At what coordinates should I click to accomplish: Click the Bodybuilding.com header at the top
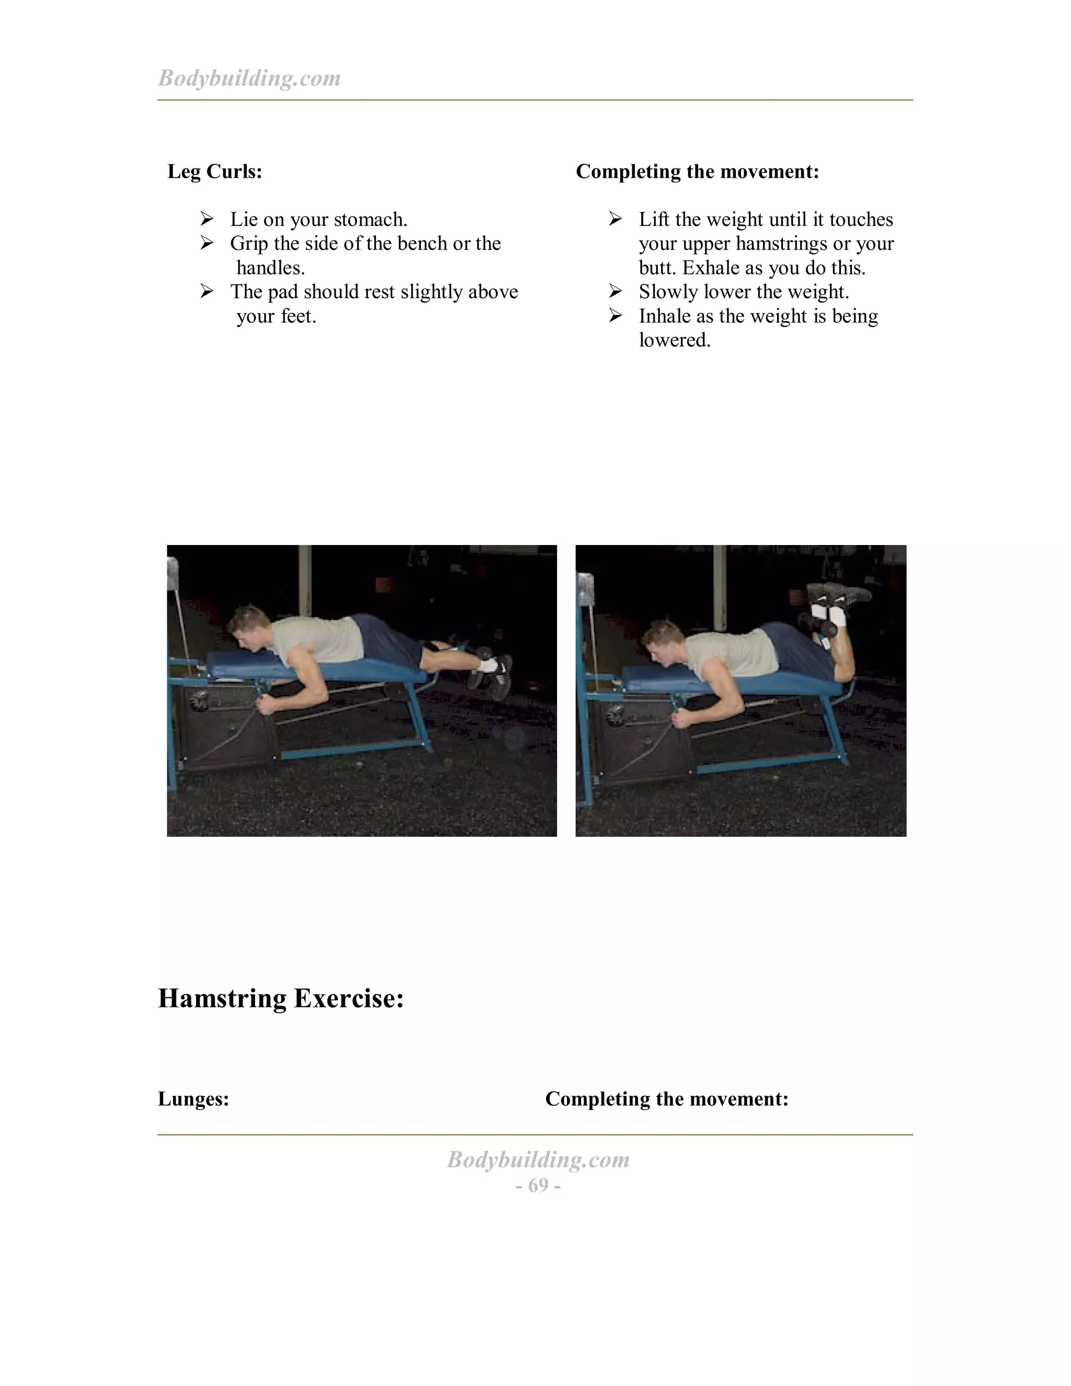pos(249,78)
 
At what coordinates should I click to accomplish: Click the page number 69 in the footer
pos(538,1186)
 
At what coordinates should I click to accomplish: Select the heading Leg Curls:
pos(214,172)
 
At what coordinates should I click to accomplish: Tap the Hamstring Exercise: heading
pos(280,999)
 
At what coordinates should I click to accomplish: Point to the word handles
pos(270,268)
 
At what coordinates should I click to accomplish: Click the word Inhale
pos(665,316)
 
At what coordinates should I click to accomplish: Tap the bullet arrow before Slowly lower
pos(615,291)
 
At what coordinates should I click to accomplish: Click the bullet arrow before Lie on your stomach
pos(206,219)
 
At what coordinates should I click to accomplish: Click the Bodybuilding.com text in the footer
pos(538,1160)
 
